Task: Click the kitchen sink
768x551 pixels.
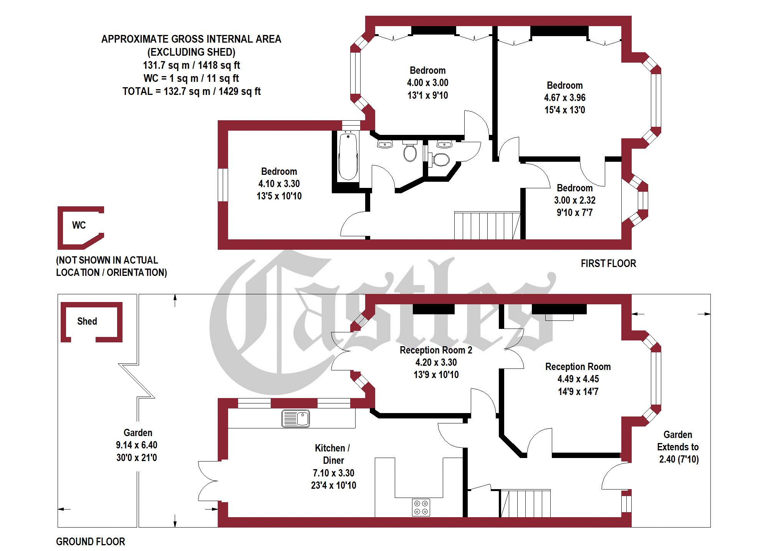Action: pyautogui.click(x=296, y=418)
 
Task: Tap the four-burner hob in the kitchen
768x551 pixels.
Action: pyautogui.click(x=421, y=507)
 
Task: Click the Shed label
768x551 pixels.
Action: pyautogui.click(x=87, y=321)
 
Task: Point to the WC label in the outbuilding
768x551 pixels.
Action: pyautogui.click(x=79, y=225)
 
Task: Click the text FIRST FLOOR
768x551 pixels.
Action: pyautogui.click(x=608, y=264)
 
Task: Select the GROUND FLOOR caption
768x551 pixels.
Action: pyautogui.click(x=91, y=542)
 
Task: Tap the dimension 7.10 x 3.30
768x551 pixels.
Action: pyautogui.click(x=333, y=473)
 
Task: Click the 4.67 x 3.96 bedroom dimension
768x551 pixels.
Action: pyautogui.click(x=564, y=98)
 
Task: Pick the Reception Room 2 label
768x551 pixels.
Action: pyautogui.click(x=436, y=350)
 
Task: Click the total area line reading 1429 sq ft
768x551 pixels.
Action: pyautogui.click(x=192, y=91)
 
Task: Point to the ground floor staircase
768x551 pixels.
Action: pyautogui.click(x=525, y=503)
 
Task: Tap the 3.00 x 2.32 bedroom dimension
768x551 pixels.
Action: pyautogui.click(x=574, y=200)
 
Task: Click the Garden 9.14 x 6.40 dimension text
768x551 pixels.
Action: pyautogui.click(x=137, y=445)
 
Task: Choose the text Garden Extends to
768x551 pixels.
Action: pyautogui.click(x=678, y=441)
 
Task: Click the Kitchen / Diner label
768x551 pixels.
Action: pyautogui.click(x=333, y=454)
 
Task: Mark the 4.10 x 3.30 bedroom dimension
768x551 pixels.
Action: pyautogui.click(x=279, y=184)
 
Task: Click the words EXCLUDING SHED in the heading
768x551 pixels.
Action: pyautogui.click(x=192, y=52)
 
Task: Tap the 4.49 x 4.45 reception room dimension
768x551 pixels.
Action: pyautogui.click(x=578, y=379)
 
